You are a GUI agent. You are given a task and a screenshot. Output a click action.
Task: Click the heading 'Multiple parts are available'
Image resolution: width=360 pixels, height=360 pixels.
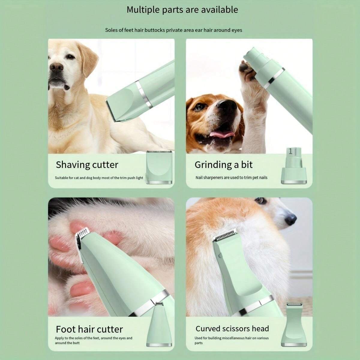tap(182, 10)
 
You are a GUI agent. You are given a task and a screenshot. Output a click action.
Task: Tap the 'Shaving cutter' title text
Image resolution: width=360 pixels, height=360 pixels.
tap(87, 165)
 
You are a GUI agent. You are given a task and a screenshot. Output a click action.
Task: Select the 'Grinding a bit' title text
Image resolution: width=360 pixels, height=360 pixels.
tap(223, 165)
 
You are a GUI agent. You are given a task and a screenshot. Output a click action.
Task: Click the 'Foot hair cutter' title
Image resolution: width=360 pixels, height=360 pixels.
tap(89, 329)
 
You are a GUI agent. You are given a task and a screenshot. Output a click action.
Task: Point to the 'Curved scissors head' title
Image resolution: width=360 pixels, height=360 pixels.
tap(232, 329)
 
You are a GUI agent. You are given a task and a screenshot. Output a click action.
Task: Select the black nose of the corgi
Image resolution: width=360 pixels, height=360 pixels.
tap(290, 220)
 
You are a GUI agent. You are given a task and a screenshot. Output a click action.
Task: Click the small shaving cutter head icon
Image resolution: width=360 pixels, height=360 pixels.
tap(159, 167)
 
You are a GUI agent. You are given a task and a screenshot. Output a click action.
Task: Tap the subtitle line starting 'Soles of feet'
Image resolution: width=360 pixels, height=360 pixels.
tap(173, 30)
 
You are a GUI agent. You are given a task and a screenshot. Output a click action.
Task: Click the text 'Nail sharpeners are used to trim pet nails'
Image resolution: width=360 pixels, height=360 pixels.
tap(231, 178)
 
